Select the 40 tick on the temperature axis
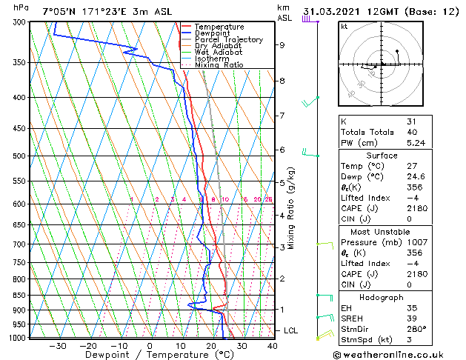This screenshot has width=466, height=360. click(x=272, y=345)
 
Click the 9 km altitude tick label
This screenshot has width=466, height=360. click(x=282, y=45)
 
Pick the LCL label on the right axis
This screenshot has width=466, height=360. click(x=292, y=330)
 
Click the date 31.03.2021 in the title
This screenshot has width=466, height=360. click(x=335, y=11)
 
